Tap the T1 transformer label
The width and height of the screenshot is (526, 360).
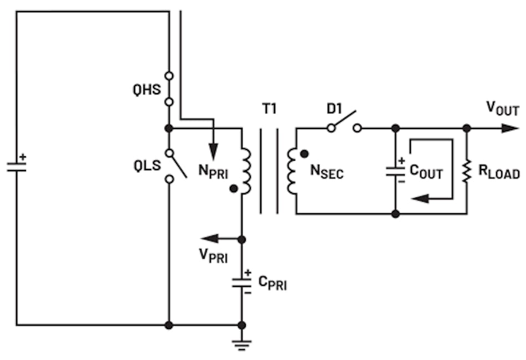[269, 109]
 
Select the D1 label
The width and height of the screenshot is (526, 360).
[336, 107]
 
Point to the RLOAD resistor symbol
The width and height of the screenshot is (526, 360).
[467, 171]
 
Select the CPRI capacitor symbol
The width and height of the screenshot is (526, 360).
[241, 282]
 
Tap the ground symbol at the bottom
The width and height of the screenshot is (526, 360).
[241, 344]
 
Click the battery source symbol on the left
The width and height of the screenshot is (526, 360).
[17, 167]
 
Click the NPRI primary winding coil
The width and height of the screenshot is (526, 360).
[245, 171]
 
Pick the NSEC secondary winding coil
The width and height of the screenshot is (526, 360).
[292, 171]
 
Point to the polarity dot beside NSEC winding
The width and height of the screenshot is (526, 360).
[304, 152]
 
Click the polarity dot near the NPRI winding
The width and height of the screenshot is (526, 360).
[234, 188]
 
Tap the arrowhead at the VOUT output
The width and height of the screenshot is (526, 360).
[511, 128]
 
